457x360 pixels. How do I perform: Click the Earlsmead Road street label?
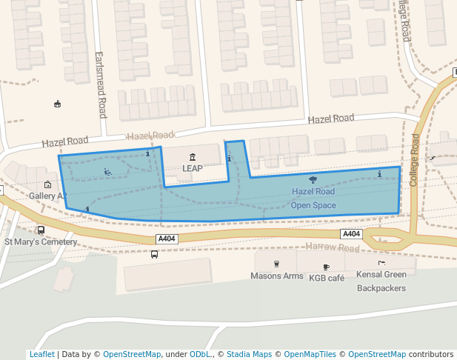[102, 85]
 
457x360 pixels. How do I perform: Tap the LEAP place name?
[193, 168]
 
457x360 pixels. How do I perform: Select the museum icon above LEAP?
[193, 156]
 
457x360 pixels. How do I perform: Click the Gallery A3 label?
[48, 196]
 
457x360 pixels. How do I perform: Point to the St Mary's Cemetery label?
[41, 241]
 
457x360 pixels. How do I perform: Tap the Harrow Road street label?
[332, 247]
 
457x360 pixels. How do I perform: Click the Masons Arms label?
[277, 276]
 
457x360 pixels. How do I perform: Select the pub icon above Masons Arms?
[277, 264]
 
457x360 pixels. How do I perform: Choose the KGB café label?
[327, 278]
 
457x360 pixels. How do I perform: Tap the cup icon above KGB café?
[326, 266]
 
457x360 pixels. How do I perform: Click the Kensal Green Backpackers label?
[381, 280]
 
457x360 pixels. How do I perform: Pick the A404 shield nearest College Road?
[351, 234]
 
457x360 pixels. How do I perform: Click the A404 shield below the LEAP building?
[167, 239]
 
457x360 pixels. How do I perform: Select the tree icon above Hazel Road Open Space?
[313, 179]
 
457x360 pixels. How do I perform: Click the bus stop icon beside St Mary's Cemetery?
[41, 230]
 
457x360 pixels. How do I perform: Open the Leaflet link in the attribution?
[41, 354]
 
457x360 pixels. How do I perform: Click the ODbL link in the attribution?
[199, 354]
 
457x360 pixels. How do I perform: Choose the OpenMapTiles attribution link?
[310, 354]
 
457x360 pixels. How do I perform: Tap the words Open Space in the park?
[313, 205]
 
